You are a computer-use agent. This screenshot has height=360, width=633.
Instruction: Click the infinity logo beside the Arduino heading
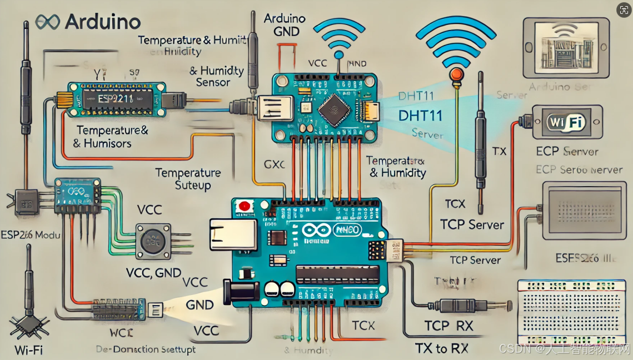point(47,22)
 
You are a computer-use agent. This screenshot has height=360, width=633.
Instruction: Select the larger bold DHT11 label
point(421,116)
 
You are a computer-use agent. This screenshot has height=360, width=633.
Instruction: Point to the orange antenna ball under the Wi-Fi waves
point(456,73)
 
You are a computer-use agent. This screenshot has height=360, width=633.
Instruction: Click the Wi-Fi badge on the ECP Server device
point(566,123)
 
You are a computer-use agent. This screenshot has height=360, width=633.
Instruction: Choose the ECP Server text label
point(567,151)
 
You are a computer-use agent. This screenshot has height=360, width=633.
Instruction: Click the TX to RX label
point(441,348)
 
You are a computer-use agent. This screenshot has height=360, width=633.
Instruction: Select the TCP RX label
point(448,326)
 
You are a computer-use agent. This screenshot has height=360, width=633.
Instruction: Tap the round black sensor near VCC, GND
point(152,241)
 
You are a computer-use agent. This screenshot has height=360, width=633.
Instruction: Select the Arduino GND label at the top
point(285,24)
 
